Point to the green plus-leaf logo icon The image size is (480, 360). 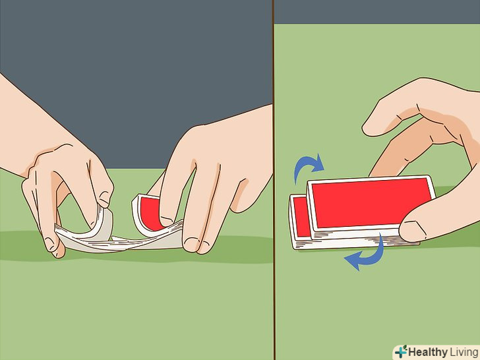tap(401, 351)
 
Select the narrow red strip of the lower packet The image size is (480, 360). tap(301, 216)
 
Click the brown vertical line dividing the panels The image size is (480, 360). tap(274, 180)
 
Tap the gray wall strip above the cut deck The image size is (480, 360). tap(377, 12)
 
